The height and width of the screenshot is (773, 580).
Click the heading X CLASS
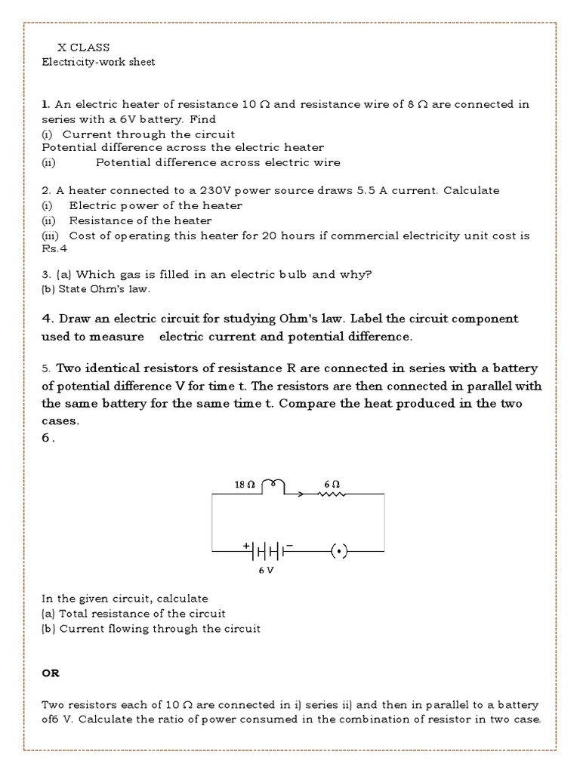(x=84, y=48)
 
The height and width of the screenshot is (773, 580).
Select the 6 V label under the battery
(x=266, y=571)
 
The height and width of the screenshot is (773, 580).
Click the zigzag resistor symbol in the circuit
(x=332, y=495)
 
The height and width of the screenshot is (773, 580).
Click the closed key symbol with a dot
(x=340, y=552)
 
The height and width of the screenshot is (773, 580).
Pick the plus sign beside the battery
(x=246, y=544)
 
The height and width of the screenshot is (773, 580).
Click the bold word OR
(x=50, y=672)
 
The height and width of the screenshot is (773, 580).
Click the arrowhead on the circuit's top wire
(x=301, y=495)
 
